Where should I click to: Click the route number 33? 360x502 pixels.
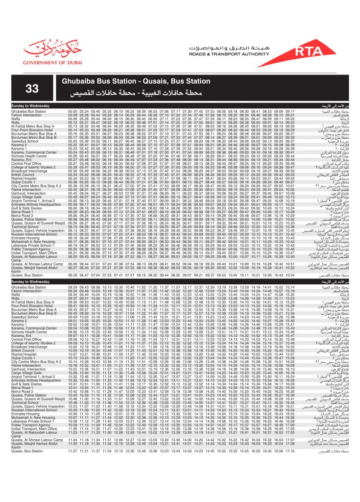click(32, 88)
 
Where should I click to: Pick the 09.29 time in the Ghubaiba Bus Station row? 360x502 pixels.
click(72, 287)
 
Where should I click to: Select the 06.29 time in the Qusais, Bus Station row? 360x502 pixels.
click(72, 276)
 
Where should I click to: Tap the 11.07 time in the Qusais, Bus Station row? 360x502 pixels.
click(72, 450)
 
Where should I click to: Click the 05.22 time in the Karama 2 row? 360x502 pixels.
click(72, 145)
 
